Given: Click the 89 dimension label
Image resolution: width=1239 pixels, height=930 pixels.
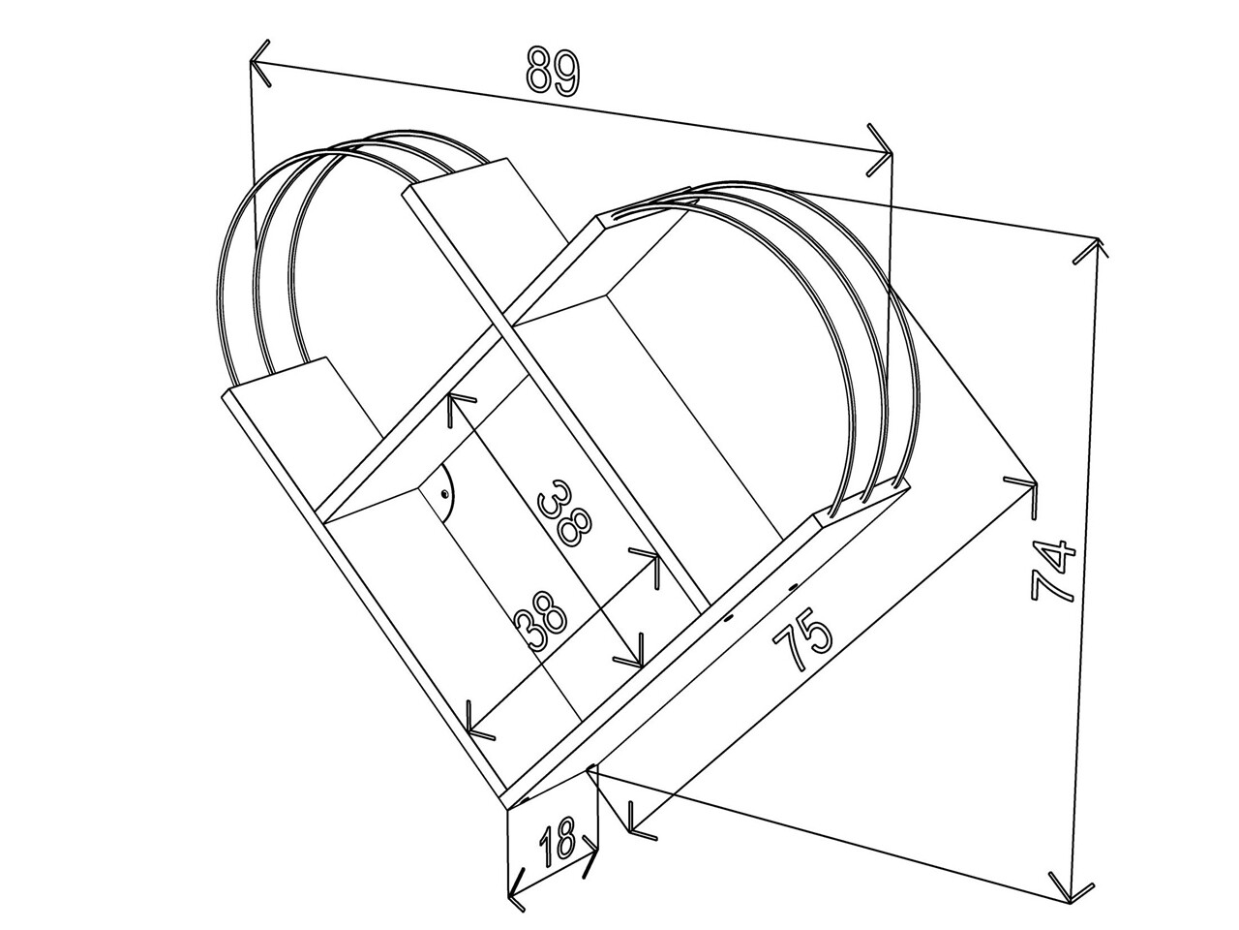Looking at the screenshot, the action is click(x=553, y=73).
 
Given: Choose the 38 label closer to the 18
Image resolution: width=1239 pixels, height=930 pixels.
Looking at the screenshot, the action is click(x=542, y=622).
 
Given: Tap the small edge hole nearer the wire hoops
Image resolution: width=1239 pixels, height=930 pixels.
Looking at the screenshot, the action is click(x=793, y=588).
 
